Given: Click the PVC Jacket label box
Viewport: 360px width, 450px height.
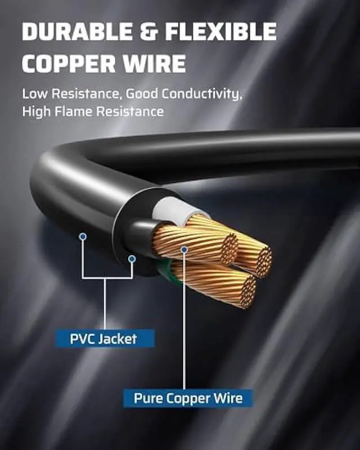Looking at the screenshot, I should pyautogui.click(x=104, y=339).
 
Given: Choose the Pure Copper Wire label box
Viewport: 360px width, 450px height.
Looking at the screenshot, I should pyautogui.click(x=188, y=399).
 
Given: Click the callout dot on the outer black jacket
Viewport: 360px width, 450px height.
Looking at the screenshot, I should pyautogui.click(x=83, y=236).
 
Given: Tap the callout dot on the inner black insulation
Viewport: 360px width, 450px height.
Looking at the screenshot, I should pyautogui.click(x=132, y=258).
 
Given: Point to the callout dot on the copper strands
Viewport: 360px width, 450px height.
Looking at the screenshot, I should pyautogui.click(x=184, y=247).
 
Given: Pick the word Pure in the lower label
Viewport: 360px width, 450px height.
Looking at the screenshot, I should pyautogui.click(x=145, y=399).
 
